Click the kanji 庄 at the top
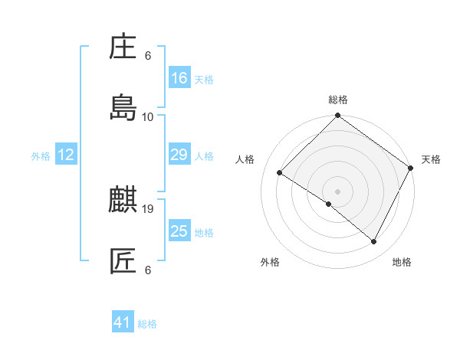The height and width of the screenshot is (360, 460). coord(123,48)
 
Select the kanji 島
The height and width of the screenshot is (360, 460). coord(123,108)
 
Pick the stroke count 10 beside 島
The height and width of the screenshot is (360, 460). coord(148,116)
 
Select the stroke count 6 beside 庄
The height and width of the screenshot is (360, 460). coord(148,56)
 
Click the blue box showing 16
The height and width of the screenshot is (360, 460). coord(179,77)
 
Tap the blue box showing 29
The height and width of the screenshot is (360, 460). coord(179,155)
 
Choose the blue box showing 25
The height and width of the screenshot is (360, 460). coord(179,231)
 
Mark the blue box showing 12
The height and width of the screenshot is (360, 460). coord(66,155)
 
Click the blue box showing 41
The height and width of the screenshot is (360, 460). coord(123,322)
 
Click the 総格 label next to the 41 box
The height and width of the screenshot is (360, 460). coord(147,324)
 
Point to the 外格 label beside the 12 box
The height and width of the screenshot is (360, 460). coord(41,156)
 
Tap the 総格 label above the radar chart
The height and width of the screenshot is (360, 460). coord(338,100)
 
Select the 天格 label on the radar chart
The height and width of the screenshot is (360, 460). coord(431,159)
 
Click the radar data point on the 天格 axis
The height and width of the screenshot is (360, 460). coord(412,168)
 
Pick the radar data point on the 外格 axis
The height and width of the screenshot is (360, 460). coord(329,205)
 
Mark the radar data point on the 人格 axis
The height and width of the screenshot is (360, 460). coord(280,173)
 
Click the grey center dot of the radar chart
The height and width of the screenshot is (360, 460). coord(338,191)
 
